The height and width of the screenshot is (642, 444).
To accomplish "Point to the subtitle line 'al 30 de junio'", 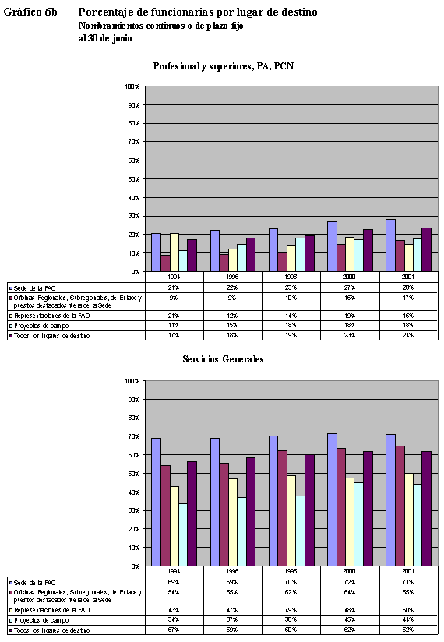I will pyautogui.click(x=105, y=37).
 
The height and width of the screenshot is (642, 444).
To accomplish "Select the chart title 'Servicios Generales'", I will pyautogui.click(x=223, y=359).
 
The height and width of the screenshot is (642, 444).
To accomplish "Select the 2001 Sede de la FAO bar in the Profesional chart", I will pyautogui.click(x=390, y=245).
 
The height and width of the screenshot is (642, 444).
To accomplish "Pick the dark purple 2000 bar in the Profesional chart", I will pyautogui.click(x=368, y=250).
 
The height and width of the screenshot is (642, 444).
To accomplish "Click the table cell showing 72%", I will pyautogui.click(x=350, y=583).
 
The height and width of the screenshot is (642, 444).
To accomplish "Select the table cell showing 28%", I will pyautogui.click(x=408, y=287).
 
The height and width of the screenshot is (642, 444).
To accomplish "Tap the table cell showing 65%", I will pyautogui.click(x=408, y=593).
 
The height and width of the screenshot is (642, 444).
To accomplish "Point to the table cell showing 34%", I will pyautogui.click(x=173, y=620).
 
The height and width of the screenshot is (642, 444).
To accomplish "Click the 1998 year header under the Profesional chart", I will pyautogui.click(x=291, y=276).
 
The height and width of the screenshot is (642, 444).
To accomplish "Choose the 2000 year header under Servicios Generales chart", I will pyautogui.click(x=350, y=570).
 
